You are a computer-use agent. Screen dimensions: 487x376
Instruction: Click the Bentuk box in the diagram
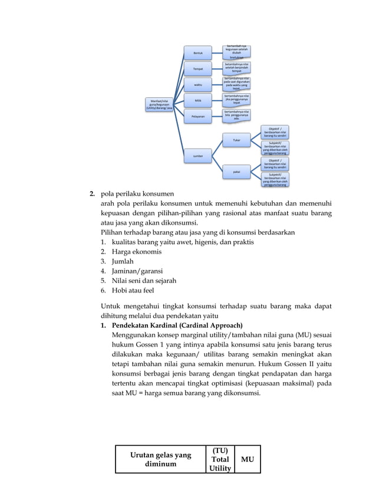point(198,53)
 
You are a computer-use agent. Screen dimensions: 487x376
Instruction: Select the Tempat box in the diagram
point(198,69)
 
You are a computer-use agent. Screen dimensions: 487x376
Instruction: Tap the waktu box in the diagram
point(198,85)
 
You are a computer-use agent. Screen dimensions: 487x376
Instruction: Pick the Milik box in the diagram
point(198,101)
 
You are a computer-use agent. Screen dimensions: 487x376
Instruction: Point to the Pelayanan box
point(198,117)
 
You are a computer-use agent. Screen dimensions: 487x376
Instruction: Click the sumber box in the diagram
point(198,156)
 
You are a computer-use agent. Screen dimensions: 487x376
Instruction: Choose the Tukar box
point(236,140)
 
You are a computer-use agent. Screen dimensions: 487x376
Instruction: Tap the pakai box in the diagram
point(236,172)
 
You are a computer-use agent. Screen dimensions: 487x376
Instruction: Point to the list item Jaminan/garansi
point(133,271)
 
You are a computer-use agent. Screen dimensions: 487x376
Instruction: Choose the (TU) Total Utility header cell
point(220,459)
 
